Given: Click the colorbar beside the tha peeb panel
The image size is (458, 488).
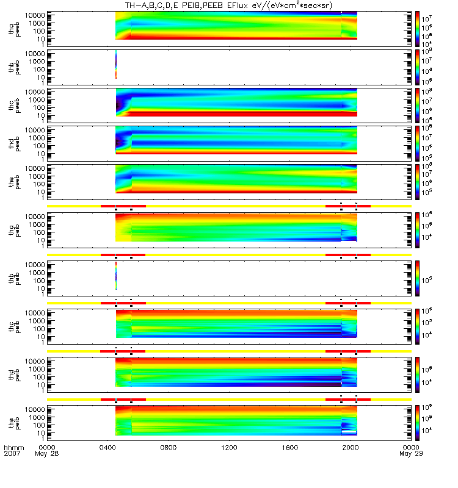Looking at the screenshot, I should (x=417, y=26).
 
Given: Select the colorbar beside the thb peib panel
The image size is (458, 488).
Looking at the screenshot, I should (x=417, y=277).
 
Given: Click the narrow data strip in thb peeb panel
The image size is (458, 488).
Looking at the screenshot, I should (x=116, y=65).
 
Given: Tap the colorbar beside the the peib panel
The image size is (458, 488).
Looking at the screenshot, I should (x=417, y=422).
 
